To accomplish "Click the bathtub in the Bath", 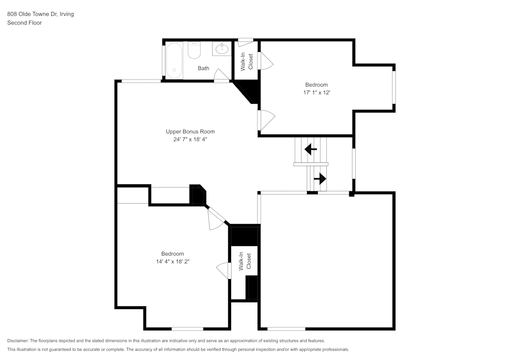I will point(174,61).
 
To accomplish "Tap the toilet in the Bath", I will point(194,50).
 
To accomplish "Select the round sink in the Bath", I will point(222,49).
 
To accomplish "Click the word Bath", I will point(203,68).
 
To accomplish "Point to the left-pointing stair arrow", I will point(310,150).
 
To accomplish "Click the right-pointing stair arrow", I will point(320,179).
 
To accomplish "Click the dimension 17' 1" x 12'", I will point(317,92).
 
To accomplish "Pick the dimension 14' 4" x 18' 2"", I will point(173,261).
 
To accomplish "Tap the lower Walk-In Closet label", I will point(245,261).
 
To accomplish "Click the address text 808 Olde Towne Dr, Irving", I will point(40,14).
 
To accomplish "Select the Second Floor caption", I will point(24,23).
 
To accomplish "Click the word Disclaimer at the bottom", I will point(18,341).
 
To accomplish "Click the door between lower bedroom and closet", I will point(224,270).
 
